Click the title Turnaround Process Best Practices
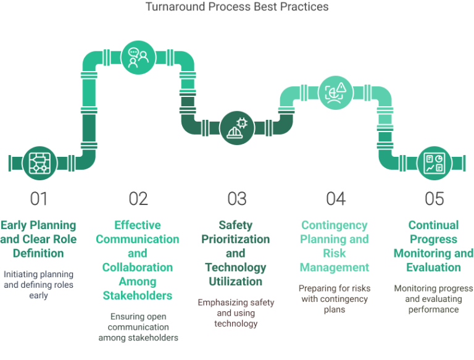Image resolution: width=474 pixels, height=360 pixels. pos(237,7)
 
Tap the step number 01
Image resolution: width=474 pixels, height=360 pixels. pos(39,199)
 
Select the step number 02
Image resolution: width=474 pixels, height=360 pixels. pos(138,199)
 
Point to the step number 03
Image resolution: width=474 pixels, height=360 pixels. pos(237,199)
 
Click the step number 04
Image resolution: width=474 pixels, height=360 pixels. pos(336,199)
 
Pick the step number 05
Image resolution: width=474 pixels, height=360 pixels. pos(434,199)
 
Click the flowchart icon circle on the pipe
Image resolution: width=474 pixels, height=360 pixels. pos(39,162)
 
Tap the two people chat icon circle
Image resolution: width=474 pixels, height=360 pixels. pos(138,58)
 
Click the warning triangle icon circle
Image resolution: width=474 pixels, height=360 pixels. pos(336,92)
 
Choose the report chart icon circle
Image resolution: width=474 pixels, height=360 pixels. pos(434,162)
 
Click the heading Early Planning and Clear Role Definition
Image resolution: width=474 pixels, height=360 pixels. pos(39,239)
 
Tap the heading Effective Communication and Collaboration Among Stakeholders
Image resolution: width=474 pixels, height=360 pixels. pos(138,260)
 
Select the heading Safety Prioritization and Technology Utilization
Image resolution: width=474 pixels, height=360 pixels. pos(237,253)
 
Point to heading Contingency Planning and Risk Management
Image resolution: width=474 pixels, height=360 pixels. pos(336,246)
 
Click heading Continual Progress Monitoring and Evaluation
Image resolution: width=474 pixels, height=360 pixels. pos(434,246)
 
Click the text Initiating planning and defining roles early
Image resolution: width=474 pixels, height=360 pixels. pos(39,283)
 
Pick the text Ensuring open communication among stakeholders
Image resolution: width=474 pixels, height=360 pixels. pos(138,327)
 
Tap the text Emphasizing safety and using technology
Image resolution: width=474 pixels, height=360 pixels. pos(237,312)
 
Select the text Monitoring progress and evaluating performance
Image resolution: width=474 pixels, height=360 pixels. pos(434,298)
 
